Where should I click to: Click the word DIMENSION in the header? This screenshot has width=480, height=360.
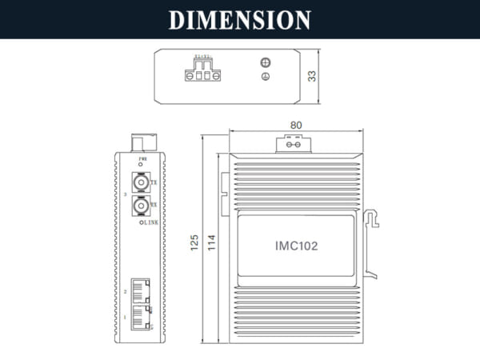[x=240, y=19]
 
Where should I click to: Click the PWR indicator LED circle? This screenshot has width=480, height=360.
[x=142, y=167]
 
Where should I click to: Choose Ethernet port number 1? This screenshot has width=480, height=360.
[x=140, y=314]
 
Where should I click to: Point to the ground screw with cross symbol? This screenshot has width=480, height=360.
[x=266, y=63]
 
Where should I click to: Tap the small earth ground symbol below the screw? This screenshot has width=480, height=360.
[x=266, y=77]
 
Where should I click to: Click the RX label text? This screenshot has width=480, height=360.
[x=154, y=205]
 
